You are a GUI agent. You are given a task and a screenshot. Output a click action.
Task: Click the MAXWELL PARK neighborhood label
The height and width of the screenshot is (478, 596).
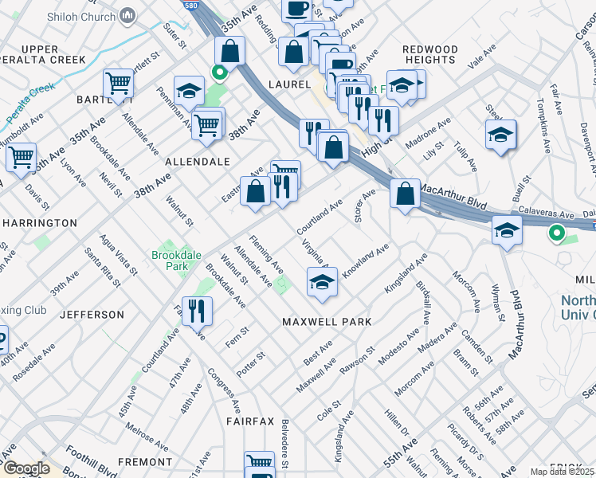click(x=327, y=322)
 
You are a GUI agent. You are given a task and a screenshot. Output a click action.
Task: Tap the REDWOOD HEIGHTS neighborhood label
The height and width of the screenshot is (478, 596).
click(x=430, y=55)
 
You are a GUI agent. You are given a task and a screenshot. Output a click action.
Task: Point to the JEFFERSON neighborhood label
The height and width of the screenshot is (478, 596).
click(x=91, y=315)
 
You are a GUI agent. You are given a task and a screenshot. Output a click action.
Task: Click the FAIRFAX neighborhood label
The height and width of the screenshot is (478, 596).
click(x=249, y=421)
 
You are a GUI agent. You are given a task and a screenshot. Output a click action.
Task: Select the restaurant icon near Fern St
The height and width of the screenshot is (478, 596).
click(x=196, y=311)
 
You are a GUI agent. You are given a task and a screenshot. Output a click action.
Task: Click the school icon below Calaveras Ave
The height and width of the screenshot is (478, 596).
click(x=507, y=231)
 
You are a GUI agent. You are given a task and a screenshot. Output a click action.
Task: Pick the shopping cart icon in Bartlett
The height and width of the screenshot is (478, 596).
click(x=118, y=84)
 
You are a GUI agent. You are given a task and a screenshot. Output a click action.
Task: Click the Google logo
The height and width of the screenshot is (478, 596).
click(x=26, y=468)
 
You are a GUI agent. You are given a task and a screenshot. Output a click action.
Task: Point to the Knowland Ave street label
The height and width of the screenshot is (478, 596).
click(x=365, y=262)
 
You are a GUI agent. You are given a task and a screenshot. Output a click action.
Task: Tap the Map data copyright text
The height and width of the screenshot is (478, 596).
click(x=562, y=472)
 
